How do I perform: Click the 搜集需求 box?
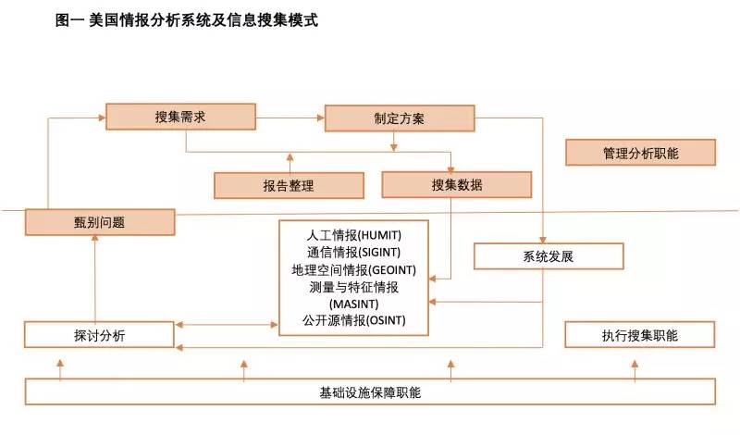click(x=180, y=117)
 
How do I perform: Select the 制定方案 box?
click(x=400, y=118)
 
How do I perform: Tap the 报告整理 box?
click(x=289, y=186)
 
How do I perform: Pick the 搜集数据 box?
click(x=457, y=185)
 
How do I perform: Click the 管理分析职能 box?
click(x=641, y=153)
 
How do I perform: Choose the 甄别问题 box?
click(x=100, y=222)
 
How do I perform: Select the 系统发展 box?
click(x=549, y=256)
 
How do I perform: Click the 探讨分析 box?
click(x=99, y=335)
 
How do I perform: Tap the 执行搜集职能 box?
click(x=640, y=335)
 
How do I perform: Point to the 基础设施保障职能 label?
click(x=370, y=392)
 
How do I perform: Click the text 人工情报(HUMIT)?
click(x=354, y=235)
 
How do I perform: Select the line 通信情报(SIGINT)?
click(x=354, y=253)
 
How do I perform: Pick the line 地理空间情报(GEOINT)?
click(x=354, y=269)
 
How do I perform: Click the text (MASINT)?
click(x=354, y=304)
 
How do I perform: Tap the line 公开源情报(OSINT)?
click(x=354, y=320)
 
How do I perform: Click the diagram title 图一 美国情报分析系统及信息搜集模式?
click(x=187, y=20)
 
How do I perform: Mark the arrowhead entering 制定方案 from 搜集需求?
click(x=321, y=118)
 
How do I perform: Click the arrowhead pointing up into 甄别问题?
click(x=95, y=239)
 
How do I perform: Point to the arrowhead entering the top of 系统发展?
click(x=543, y=240)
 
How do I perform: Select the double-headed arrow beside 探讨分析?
click(x=227, y=325)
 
